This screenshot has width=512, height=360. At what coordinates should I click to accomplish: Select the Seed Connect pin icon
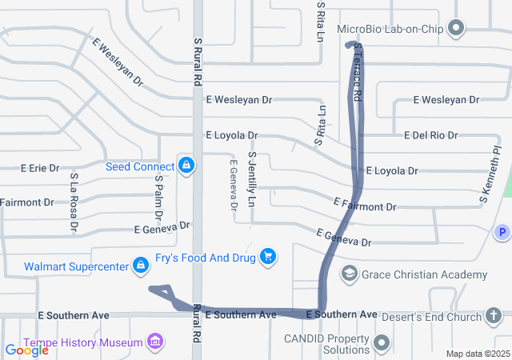[186, 166]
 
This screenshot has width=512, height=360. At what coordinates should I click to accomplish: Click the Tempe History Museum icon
[155, 342]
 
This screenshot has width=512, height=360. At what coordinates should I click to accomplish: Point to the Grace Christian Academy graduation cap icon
[350, 274]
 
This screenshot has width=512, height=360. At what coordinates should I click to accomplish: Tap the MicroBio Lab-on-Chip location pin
[456, 30]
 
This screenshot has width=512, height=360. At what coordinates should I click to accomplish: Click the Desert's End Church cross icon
[495, 315]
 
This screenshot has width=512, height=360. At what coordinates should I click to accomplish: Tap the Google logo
[26, 350]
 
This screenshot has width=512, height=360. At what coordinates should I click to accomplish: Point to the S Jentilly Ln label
[251, 180]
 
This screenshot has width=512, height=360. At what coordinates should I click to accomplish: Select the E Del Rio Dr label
[430, 135]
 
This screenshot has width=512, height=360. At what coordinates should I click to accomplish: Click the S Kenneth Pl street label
[490, 174]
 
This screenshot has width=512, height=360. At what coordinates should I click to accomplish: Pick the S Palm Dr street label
[158, 198]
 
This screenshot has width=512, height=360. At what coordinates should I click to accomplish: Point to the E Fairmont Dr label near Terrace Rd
[365, 206]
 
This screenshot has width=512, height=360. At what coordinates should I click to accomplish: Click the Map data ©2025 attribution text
[478, 354]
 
